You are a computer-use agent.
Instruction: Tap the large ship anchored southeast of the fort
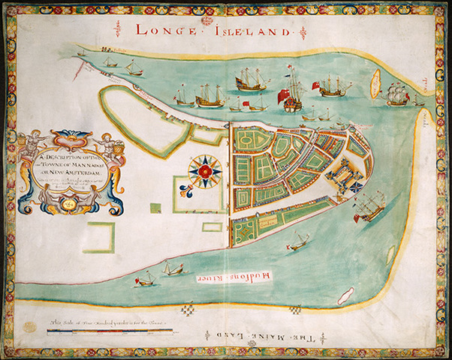369,205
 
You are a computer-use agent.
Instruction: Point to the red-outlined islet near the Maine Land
346,295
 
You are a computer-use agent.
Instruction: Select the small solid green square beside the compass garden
155,208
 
